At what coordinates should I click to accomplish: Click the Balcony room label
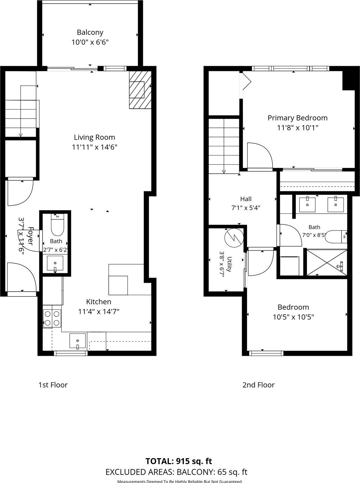(90, 32)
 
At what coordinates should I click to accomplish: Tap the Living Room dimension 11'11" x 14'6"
(95, 147)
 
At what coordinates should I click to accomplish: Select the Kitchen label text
(99, 302)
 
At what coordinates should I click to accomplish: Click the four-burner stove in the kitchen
(52, 318)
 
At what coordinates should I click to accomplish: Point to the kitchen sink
(78, 341)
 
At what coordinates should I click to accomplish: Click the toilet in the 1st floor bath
(57, 225)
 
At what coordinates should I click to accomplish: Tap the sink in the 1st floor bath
(55, 263)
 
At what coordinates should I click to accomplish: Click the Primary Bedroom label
(298, 118)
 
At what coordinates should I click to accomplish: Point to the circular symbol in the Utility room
(234, 238)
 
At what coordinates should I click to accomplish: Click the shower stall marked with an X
(327, 262)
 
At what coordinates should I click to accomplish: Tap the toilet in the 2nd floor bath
(336, 237)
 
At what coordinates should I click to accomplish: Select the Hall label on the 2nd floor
(246, 199)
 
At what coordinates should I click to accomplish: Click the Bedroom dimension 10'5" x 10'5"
(293, 317)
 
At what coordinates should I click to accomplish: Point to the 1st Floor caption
(53, 385)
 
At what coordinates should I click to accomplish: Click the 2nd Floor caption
(259, 385)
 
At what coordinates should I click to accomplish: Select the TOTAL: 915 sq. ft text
(179, 461)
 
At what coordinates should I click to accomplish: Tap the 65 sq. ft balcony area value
(232, 472)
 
